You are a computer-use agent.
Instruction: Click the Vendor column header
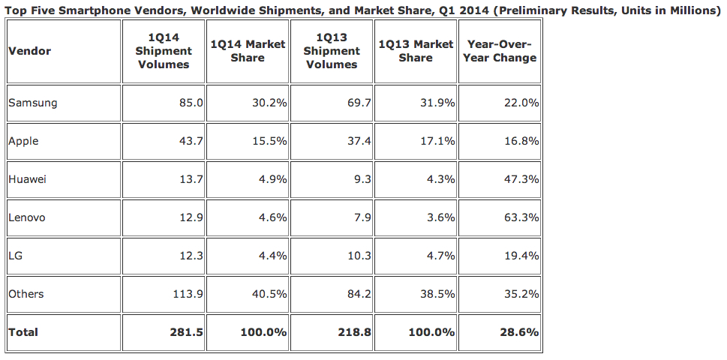pyautogui.click(x=29, y=51)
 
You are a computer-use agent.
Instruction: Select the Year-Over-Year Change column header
pyautogui.click(x=500, y=51)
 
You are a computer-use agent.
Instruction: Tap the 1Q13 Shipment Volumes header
pyautogui.click(x=332, y=51)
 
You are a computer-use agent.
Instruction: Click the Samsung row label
pyautogui.click(x=32, y=103)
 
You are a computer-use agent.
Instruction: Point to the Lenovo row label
pyautogui.click(x=27, y=217)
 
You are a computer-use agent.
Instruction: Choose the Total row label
pyautogui.click(x=23, y=331)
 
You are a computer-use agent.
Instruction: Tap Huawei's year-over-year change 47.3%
pyautogui.click(x=521, y=179)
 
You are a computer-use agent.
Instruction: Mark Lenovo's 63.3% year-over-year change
pyautogui.click(x=521, y=217)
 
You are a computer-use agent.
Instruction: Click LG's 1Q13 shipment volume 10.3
pyautogui.click(x=359, y=256)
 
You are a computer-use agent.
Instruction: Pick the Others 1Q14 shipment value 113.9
pyautogui.click(x=188, y=294)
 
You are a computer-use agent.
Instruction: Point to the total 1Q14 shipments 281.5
pyautogui.click(x=187, y=331)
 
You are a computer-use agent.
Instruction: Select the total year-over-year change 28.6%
pyautogui.click(x=520, y=331)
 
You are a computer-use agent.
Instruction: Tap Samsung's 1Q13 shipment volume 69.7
pyautogui.click(x=359, y=103)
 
